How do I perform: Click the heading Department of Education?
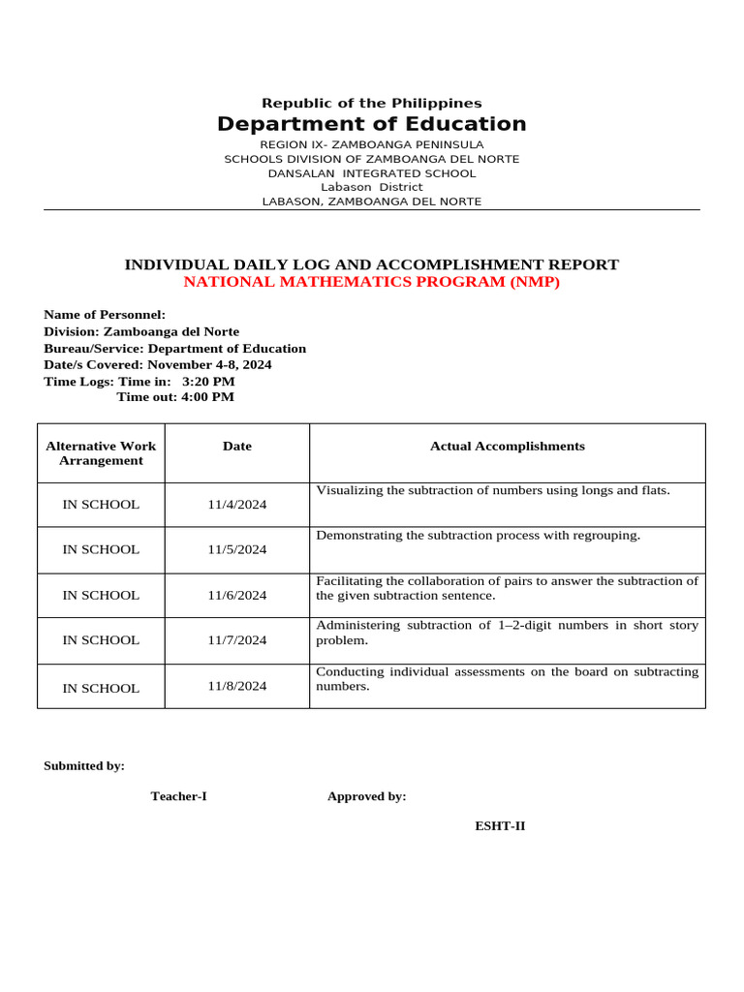pos(371,124)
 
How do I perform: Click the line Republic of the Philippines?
pos(371,103)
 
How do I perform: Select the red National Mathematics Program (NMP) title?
pos(371,282)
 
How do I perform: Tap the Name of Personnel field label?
pos(105,315)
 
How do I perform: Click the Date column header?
pos(236,447)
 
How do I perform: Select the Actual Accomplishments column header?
pos(507,447)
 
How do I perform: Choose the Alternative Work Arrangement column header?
pos(101,453)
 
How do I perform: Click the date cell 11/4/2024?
pos(236,505)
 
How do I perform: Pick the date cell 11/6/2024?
pos(236,596)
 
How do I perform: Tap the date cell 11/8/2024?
pos(236,686)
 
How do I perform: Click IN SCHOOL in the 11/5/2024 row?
pos(101,549)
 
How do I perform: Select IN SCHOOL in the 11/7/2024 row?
pos(101,640)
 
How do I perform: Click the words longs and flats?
pos(625,490)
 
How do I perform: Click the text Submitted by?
pos(84,765)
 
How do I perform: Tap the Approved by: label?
pos(366,796)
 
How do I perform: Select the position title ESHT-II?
pos(500,826)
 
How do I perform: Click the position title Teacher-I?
pos(178,796)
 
